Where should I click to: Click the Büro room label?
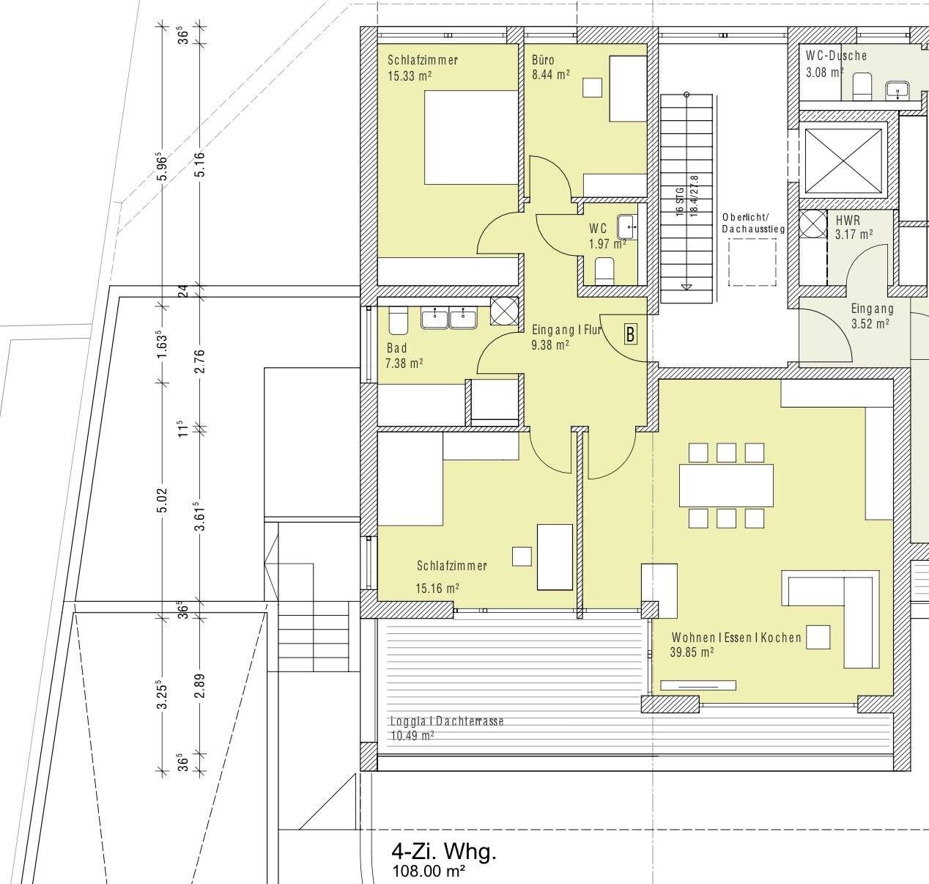[543, 60]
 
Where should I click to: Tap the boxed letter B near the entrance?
[630, 335]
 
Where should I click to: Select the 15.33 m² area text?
[410, 75]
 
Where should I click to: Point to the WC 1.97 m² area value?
[607, 244]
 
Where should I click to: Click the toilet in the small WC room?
[604, 271]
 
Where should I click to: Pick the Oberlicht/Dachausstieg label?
[752, 223]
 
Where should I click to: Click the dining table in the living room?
[726, 485]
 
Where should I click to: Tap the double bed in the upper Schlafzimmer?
[471, 137]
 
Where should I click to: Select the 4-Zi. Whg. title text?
[444, 852]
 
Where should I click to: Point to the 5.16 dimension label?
[201, 163]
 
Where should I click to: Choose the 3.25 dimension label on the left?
[163, 694]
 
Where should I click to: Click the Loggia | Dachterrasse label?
[447, 721]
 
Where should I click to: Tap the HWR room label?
[848, 221]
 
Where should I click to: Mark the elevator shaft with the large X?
[843, 161]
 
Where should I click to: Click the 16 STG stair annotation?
[680, 202]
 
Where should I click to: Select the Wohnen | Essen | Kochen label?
[736, 638]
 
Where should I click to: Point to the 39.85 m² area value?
[692, 652]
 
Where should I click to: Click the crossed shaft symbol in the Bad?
[504, 311]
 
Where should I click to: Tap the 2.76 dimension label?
[201, 361]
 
